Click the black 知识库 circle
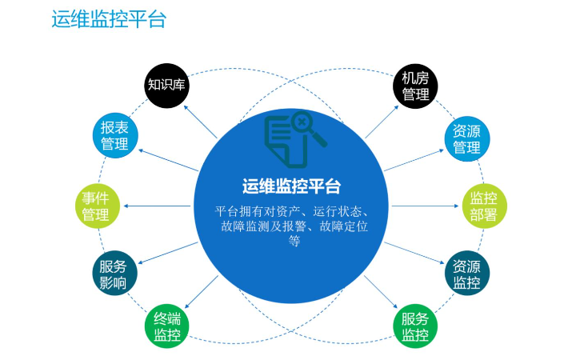[166, 86]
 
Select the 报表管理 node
[115, 135]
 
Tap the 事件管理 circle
[98, 206]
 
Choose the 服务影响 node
[114, 274]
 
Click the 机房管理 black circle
[415, 86]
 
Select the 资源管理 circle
[467, 139]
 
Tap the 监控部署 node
[484, 206]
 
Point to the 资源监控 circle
[467, 274]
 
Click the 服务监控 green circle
[415, 326]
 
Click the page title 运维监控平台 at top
[109, 19]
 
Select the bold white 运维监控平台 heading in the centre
[291, 186]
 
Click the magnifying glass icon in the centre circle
[307, 127]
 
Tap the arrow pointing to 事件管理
[158, 206]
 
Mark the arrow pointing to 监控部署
[426, 206]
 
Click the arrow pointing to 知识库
[200, 122]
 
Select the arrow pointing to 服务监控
[381, 292]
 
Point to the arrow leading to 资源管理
[414, 160]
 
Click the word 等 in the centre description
[294, 241]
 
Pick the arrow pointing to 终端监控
[202, 292]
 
